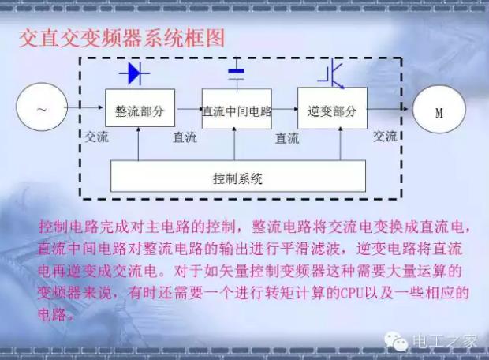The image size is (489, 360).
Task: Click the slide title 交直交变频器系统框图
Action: tap(122, 39)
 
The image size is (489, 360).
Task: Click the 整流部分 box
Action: tap(140, 107)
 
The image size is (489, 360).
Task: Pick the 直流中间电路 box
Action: tap(237, 109)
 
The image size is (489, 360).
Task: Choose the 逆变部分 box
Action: tap(332, 108)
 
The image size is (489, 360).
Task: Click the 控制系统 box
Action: tap(238, 176)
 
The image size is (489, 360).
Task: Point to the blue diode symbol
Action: tap(134, 73)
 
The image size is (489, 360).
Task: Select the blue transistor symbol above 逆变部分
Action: tap(332, 75)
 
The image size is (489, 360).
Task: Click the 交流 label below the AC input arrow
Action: tap(97, 137)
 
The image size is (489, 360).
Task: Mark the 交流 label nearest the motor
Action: tap(385, 137)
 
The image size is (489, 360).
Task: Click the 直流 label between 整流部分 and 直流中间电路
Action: tap(185, 137)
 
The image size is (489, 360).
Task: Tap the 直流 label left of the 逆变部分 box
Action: tap(287, 138)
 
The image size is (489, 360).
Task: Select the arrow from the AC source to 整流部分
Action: tap(84, 107)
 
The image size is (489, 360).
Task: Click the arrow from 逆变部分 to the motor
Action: tap(387, 109)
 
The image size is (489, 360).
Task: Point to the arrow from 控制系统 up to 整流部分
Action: tap(139, 144)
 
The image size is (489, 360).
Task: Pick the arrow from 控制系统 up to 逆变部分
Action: tap(340, 144)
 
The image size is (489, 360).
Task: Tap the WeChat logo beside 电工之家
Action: tap(396, 341)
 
